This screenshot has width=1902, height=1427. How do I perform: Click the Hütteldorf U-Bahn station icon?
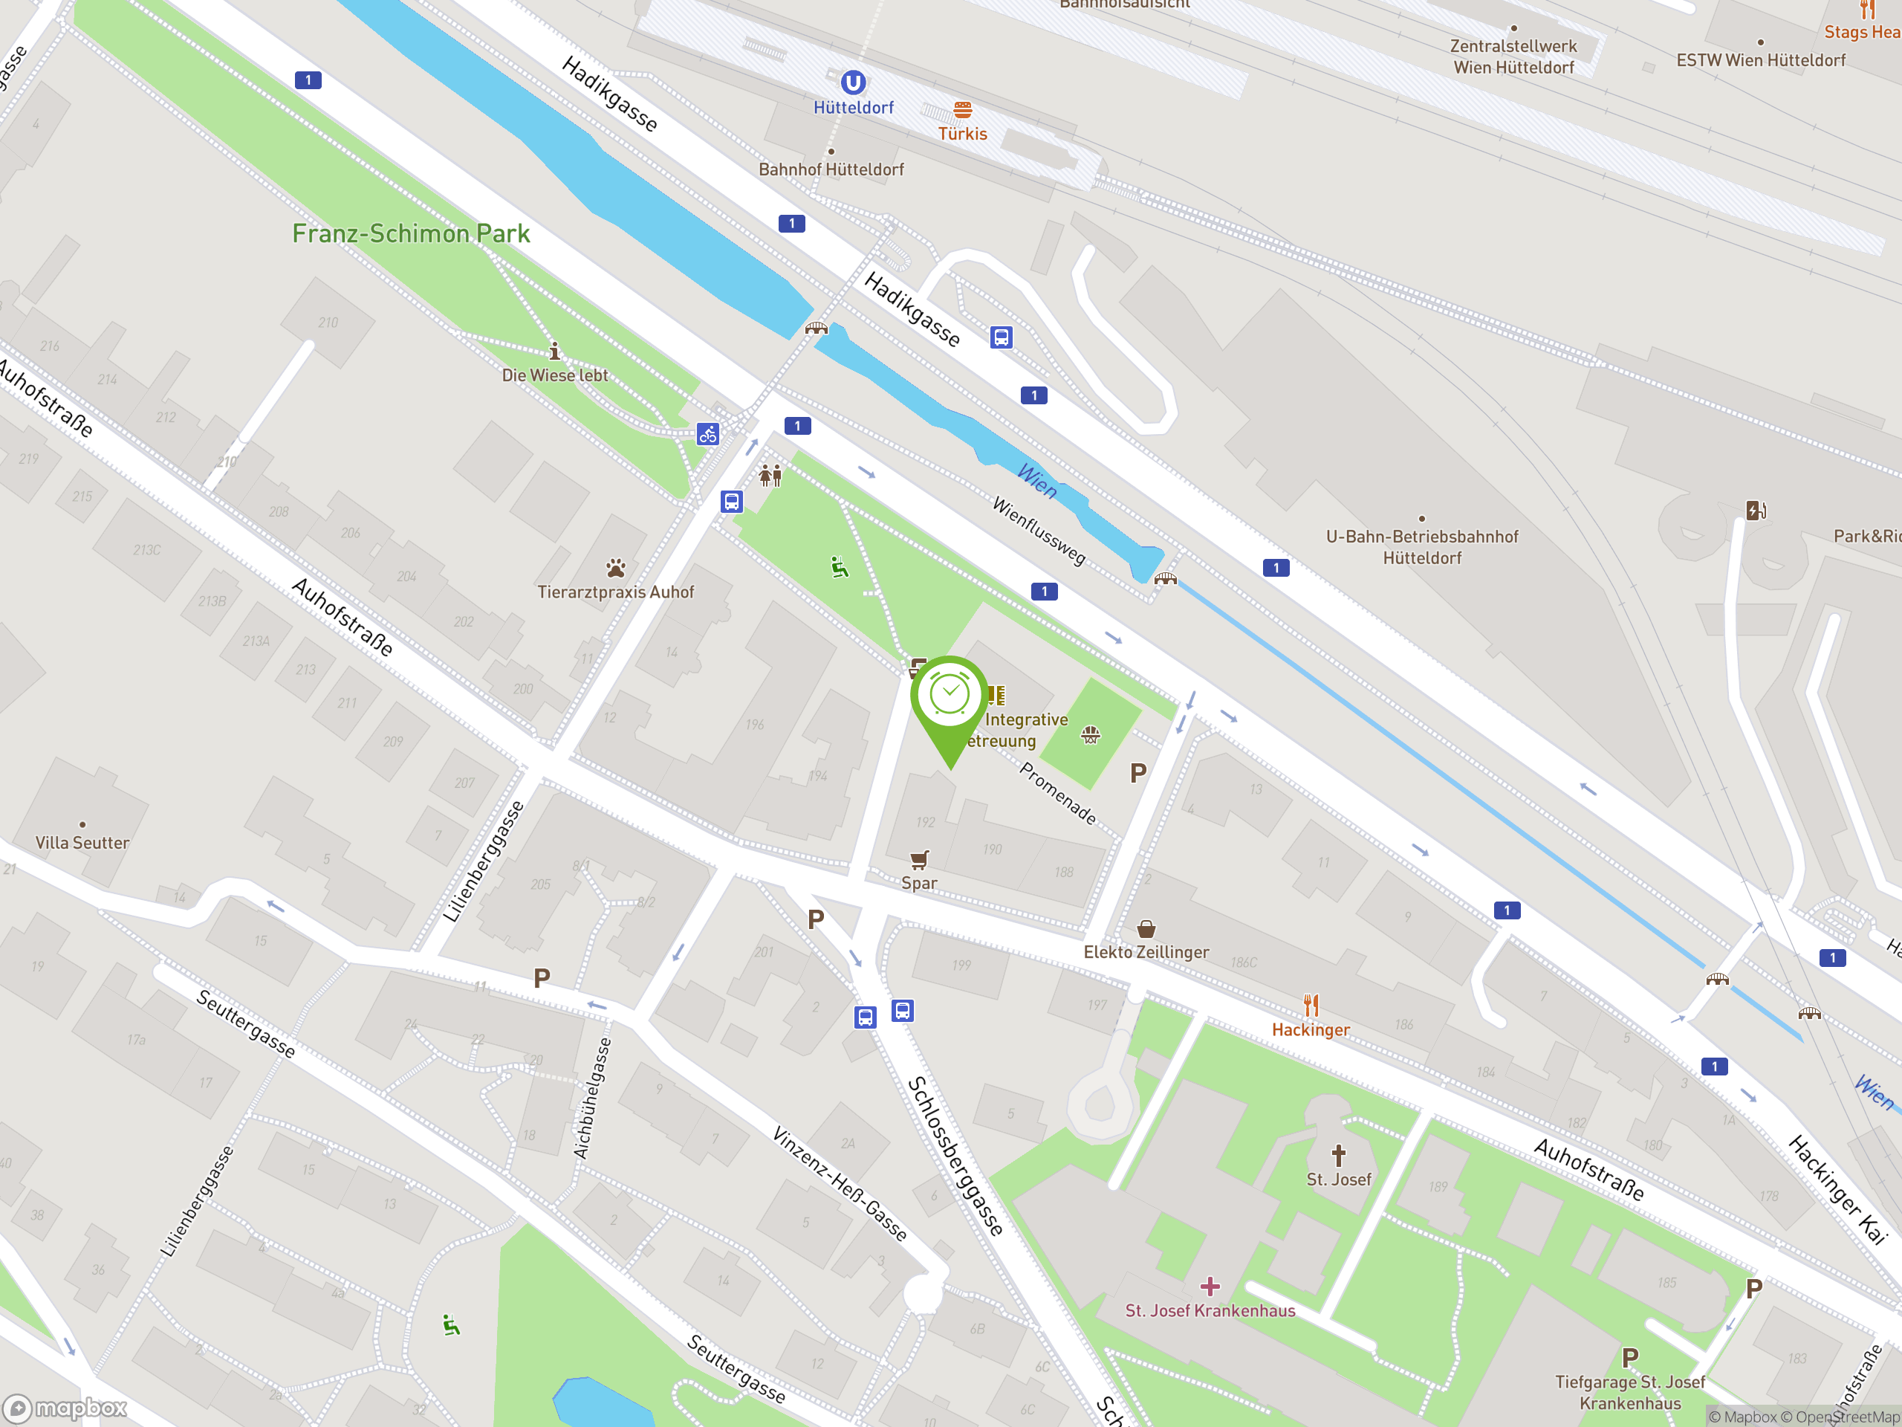(852, 82)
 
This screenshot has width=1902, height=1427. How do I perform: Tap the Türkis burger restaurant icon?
(962, 110)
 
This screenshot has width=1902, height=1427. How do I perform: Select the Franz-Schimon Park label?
(411, 233)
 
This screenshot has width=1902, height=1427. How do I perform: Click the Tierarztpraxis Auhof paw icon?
(616, 568)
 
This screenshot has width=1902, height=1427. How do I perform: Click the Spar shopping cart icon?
(919, 859)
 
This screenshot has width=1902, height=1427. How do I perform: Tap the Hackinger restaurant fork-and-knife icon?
(1311, 1005)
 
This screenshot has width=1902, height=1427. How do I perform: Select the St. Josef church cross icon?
(1338, 1154)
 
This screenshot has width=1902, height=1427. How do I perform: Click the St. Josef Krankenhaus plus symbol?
(1210, 1286)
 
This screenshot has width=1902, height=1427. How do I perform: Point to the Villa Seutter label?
(82, 843)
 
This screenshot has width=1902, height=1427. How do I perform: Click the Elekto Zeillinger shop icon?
(1146, 929)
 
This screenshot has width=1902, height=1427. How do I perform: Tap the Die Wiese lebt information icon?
(554, 351)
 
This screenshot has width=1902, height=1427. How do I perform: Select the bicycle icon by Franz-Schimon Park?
(707, 434)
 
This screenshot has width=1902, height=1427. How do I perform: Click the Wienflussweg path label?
(1039, 531)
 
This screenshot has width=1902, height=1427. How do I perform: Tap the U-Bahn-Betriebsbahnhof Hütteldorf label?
(1421, 547)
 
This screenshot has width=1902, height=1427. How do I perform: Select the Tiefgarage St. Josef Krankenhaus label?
(1629, 1393)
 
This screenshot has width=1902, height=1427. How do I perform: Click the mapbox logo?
(66, 1408)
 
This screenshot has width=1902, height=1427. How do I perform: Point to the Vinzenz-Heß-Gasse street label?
(840, 1183)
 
